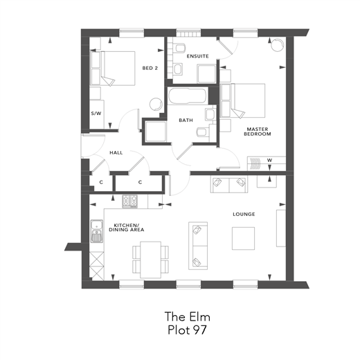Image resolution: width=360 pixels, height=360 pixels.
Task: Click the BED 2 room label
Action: coord(150,68)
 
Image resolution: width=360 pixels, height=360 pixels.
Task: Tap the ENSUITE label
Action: coord(197,56)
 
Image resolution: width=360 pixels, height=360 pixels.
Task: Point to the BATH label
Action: coord(186,120)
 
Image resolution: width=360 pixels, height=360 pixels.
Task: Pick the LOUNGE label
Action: coord(244,214)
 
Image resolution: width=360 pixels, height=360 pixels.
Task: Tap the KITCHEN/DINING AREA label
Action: coord(127,227)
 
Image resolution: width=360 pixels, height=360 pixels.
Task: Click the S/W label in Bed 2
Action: coord(96,113)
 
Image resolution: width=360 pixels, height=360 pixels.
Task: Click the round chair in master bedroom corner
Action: coord(276,45)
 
